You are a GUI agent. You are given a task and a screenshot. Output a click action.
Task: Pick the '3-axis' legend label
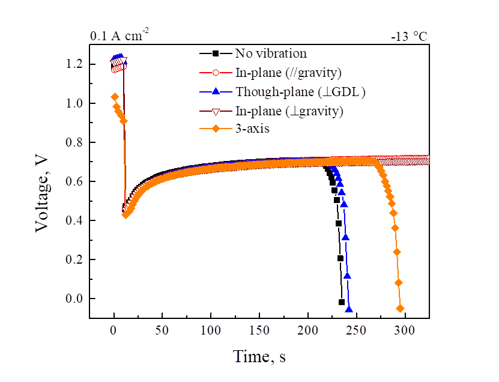253,128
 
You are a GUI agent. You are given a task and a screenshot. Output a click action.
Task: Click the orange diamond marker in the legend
214,129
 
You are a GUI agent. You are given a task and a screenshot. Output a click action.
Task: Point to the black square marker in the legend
214,53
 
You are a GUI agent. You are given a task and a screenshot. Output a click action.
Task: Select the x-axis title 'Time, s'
259,356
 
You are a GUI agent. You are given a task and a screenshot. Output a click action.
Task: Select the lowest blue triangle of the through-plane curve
349,310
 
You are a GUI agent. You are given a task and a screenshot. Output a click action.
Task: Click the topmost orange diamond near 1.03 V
114,97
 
